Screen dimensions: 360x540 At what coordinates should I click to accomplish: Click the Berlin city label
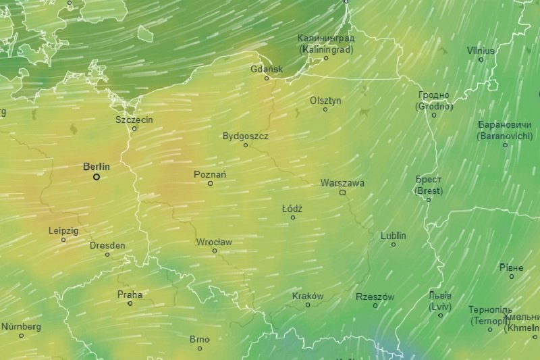point(97,166)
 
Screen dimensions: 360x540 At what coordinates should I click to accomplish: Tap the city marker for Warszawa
point(342,192)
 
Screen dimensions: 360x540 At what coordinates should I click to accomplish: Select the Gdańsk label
point(267,69)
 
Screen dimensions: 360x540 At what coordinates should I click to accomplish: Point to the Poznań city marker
point(210,183)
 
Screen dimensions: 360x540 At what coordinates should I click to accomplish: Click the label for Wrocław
point(214,242)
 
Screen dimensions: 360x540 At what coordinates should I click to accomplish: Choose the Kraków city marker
point(308,305)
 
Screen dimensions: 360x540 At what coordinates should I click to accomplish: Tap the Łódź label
point(292,209)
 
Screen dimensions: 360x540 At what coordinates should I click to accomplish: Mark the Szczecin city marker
point(134,128)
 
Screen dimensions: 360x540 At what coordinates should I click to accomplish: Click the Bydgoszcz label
point(246,136)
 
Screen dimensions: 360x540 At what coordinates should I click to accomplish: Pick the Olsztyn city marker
point(325,109)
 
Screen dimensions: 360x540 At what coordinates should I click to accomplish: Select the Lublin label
point(394,236)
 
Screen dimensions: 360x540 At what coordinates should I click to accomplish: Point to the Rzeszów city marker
point(375,305)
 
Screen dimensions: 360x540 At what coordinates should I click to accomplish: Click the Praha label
point(130,294)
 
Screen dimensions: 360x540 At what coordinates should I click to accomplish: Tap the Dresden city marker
point(107,254)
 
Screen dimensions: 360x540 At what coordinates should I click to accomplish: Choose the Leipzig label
point(63,230)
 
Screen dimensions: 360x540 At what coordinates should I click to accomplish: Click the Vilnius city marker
point(481,59)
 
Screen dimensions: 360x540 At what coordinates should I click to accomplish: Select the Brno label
point(199,339)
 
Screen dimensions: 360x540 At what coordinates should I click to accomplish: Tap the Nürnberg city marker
point(21,335)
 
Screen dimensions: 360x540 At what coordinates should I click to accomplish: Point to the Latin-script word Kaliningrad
point(326,49)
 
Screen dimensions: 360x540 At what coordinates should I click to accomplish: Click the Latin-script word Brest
point(429,191)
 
